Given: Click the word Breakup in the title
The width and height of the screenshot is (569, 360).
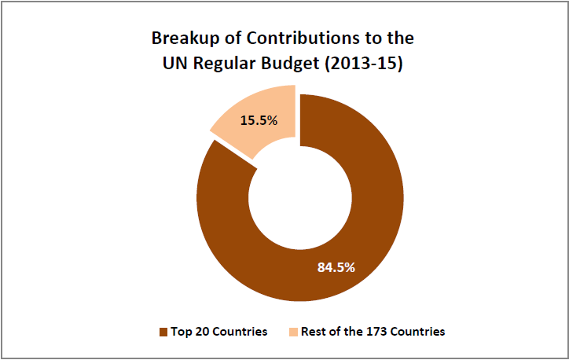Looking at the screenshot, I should click(x=182, y=39).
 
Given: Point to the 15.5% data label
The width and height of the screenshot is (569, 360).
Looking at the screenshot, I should click(x=256, y=122).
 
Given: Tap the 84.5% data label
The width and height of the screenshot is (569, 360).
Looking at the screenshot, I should click(x=336, y=266).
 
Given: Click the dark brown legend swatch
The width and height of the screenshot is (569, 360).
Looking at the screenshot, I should click(x=163, y=332).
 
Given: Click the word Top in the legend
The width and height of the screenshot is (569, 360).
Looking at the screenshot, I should click(x=182, y=332).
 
